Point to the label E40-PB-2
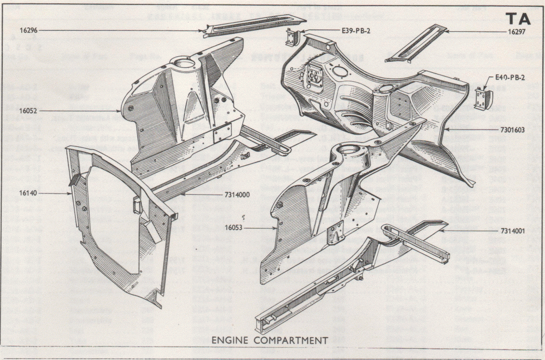tap(510, 78)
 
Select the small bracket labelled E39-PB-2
tap(293, 37)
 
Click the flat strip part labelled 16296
tap(253, 26)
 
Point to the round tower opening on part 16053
tap(348, 150)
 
